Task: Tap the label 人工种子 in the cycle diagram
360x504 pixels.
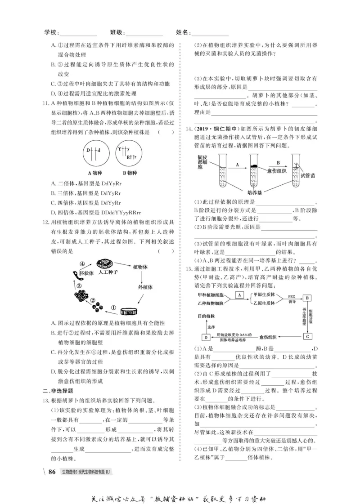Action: click(108, 272)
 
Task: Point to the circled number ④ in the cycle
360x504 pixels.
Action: click(82, 264)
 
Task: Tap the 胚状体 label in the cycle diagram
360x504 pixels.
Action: click(86, 273)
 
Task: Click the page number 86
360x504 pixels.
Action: click(52, 472)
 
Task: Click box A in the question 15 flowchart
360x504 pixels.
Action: click(239, 295)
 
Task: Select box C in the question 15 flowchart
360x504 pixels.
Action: click(307, 336)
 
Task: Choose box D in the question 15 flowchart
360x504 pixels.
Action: click(205, 337)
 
